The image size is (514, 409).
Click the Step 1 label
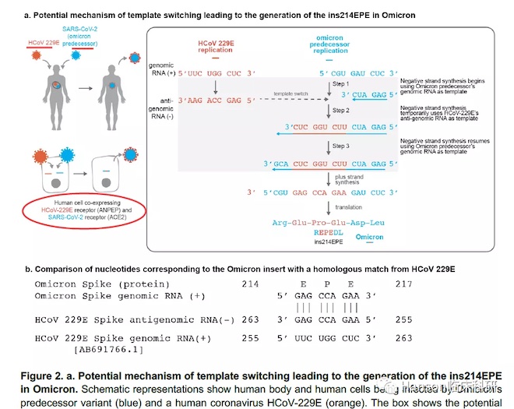coord(341,83)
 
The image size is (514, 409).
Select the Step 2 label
coord(341,111)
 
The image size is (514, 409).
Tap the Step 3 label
coord(341,146)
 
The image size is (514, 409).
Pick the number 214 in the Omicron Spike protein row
coord(249,284)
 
